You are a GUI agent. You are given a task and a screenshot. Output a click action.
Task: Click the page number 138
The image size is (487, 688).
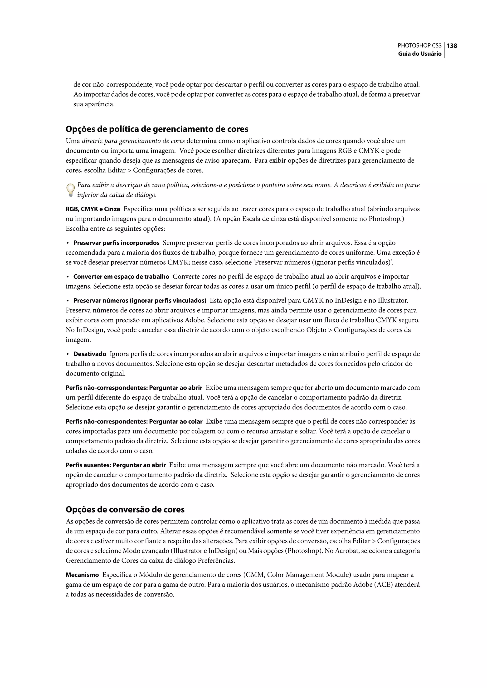[x=452, y=46]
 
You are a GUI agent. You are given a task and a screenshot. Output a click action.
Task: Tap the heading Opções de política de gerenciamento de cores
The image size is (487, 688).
[x=157, y=129]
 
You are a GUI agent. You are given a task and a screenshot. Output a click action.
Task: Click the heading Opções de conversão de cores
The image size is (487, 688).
[x=125, y=510]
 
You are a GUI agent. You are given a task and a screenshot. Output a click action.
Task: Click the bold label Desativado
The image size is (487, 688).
[x=90, y=354]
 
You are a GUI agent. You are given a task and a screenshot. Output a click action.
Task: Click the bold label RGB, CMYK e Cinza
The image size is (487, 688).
[x=93, y=209]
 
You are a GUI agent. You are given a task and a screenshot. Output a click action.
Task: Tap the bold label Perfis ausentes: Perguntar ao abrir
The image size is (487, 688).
[x=116, y=465]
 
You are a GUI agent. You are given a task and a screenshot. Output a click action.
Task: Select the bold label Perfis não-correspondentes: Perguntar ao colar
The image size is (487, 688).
[x=134, y=422]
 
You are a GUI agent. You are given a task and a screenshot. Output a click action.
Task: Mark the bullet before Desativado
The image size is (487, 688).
[x=68, y=354]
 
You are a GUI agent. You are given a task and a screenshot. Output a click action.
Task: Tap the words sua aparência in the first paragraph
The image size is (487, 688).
[x=94, y=104]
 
